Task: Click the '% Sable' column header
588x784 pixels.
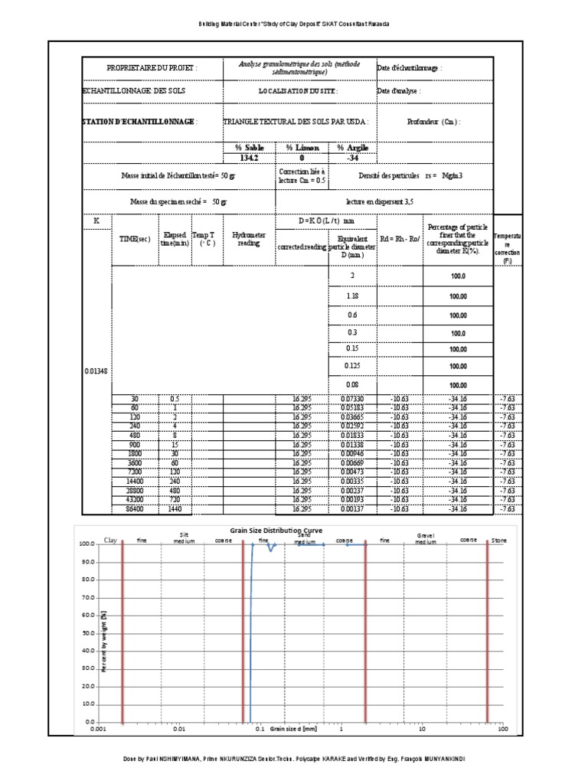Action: click(x=248, y=147)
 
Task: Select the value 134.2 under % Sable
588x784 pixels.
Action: click(x=248, y=158)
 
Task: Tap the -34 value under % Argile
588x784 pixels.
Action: click(x=352, y=158)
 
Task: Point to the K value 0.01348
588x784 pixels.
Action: click(x=96, y=371)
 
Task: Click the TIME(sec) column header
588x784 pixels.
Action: click(x=134, y=239)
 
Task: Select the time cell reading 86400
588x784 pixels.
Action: click(x=134, y=508)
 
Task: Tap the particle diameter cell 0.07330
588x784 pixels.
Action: click(x=352, y=399)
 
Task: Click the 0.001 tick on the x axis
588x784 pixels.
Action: click(x=97, y=730)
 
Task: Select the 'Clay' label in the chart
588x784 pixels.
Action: click(x=112, y=540)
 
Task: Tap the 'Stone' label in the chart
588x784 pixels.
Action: click(x=498, y=540)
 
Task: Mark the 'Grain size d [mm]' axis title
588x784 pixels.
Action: click(x=293, y=730)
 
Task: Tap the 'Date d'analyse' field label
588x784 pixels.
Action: click(x=399, y=91)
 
